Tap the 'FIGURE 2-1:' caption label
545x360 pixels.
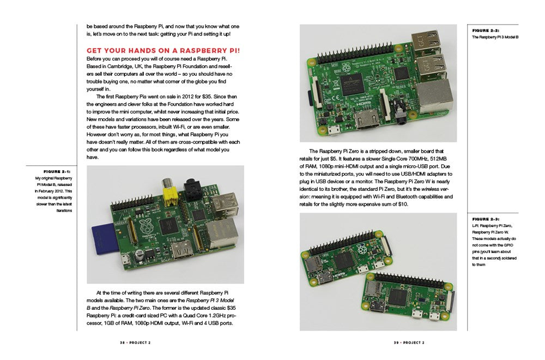pos(61,171)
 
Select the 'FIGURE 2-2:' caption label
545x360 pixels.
pos(486,31)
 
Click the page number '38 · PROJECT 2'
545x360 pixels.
pos(135,343)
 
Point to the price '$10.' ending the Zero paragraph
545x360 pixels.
pos(407,204)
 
